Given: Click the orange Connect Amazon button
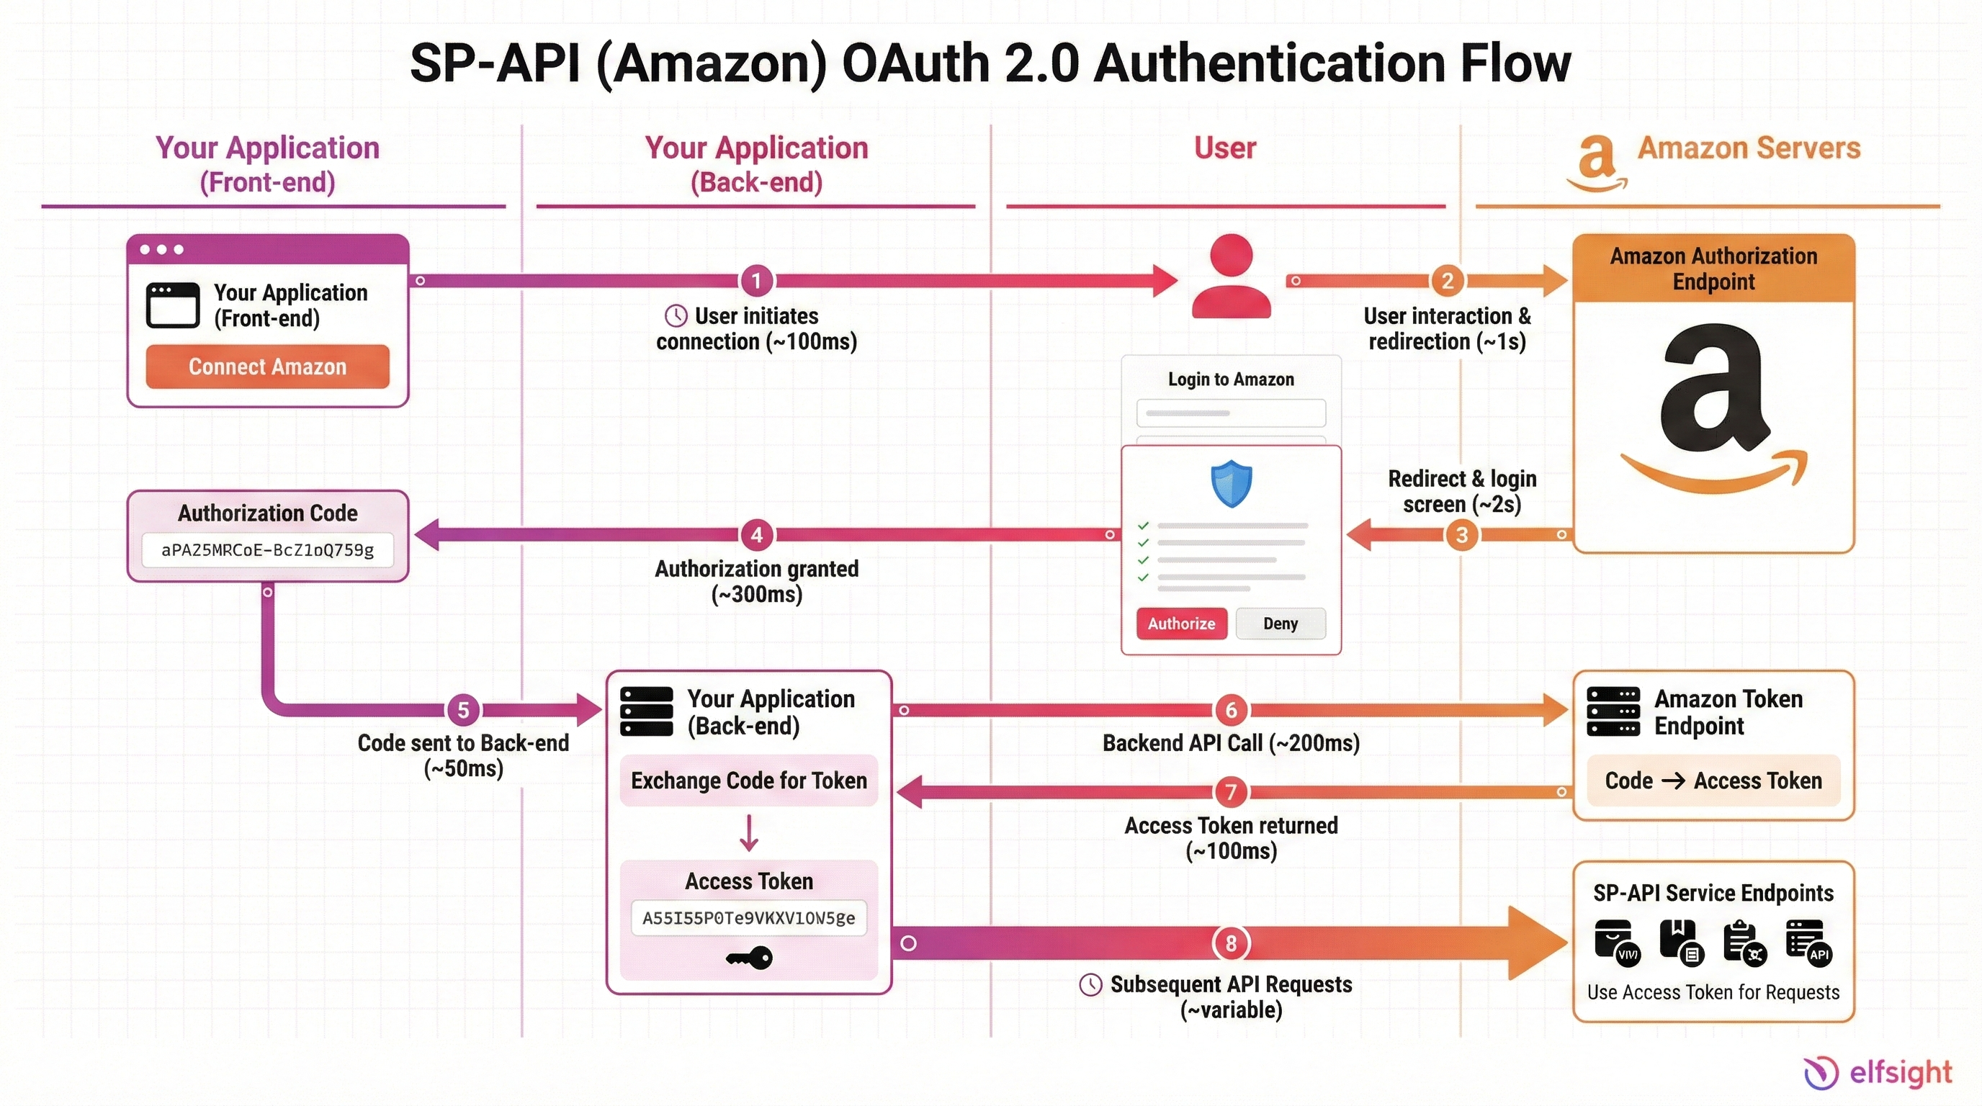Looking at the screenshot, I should (267, 367).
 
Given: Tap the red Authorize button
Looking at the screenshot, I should (1181, 624).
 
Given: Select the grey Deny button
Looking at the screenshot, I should (1281, 624).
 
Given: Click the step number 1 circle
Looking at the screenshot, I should (756, 281).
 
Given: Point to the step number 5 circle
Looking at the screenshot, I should (463, 710).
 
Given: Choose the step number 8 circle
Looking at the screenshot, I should (1230, 943).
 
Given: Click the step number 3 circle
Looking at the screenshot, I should (1462, 534).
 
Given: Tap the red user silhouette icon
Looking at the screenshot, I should (1231, 277).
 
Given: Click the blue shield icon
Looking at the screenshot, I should (1231, 484).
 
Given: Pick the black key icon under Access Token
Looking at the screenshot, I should (748, 958).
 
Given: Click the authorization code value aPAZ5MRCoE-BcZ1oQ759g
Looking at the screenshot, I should (267, 550).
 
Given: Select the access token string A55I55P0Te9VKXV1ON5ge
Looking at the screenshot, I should (748, 918).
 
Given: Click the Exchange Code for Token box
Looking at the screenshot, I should (748, 781).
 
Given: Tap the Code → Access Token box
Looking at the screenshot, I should (1713, 781).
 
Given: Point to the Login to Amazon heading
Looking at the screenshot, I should (1230, 379).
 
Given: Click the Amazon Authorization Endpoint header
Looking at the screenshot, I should (1713, 269).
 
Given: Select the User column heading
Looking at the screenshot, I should (1225, 148).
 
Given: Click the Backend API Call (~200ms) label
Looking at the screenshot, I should (1230, 743).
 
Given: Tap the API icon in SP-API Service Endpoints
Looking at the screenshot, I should (1808, 942).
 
